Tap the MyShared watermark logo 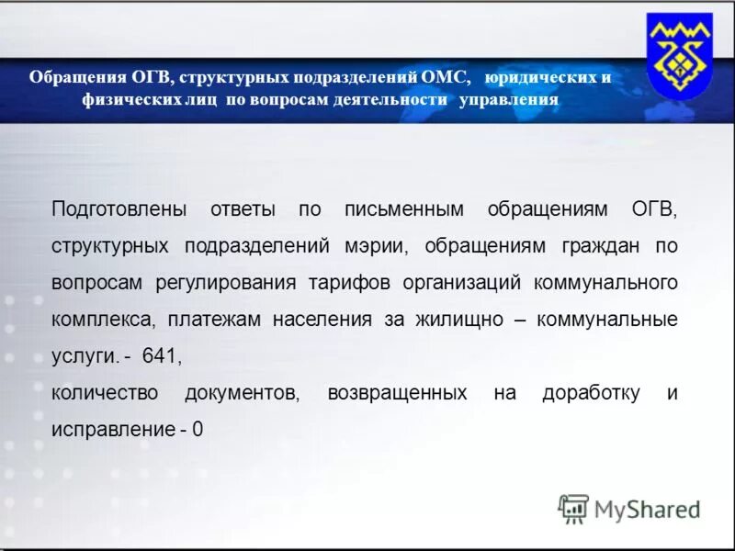[x=628, y=509]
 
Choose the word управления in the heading [x=508, y=99]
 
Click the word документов [x=243, y=393]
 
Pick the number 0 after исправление [x=198, y=430]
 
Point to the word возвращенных [x=397, y=393]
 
